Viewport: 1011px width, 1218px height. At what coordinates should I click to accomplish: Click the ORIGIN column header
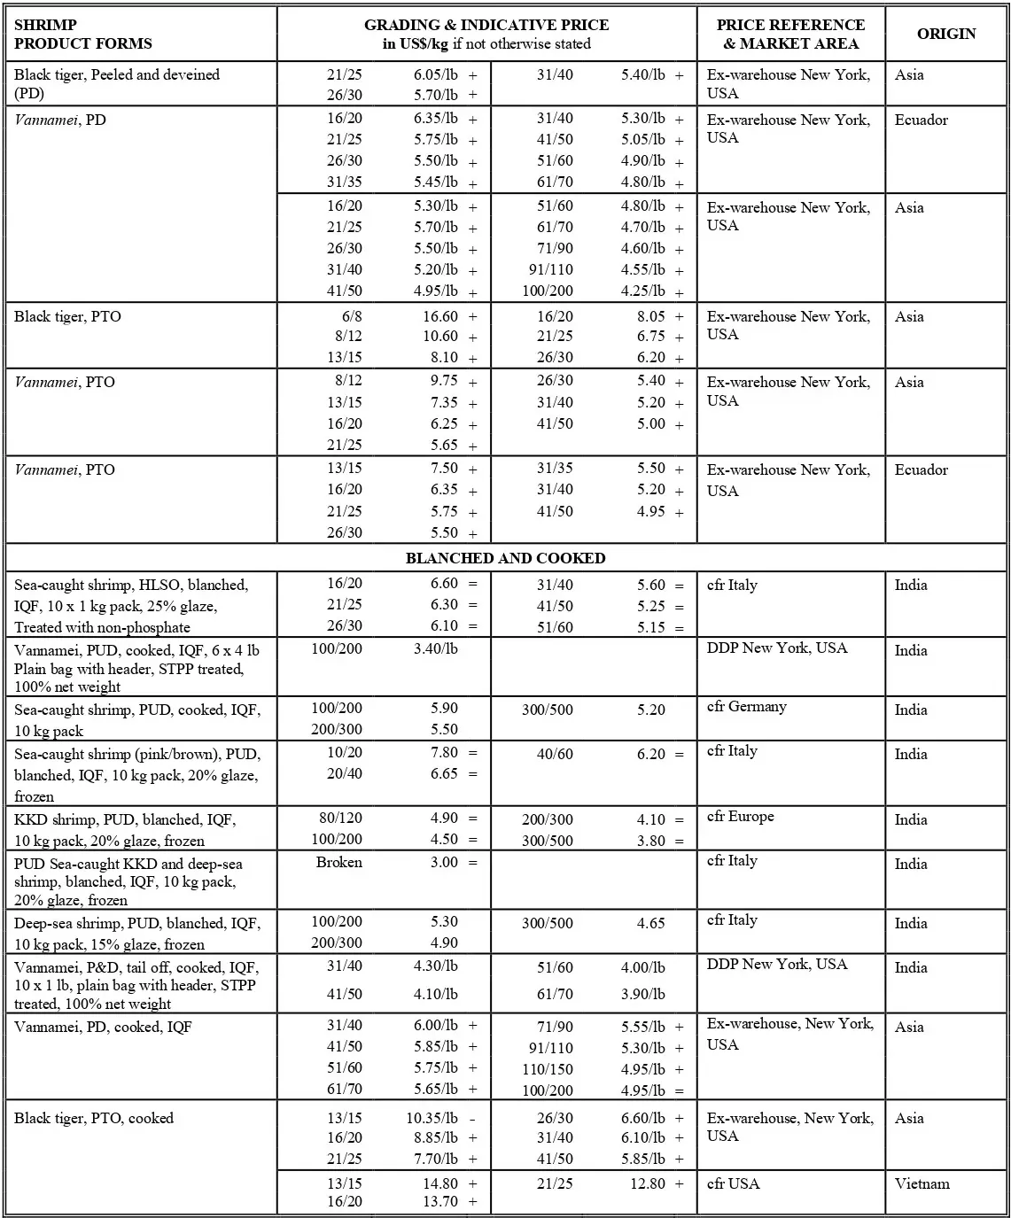(x=945, y=34)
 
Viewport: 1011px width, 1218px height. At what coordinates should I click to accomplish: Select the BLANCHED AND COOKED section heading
(x=505, y=558)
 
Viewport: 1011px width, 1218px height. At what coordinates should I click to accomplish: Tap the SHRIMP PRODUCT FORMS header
(x=82, y=34)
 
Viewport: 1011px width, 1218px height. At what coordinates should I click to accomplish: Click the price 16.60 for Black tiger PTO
(x=439, y=316)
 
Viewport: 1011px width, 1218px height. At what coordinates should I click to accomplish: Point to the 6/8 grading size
(x=351, y=316)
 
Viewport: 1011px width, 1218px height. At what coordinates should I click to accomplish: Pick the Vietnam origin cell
(x=922, y=1183)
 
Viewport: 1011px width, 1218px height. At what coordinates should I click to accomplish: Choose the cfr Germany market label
(x=746, y=707)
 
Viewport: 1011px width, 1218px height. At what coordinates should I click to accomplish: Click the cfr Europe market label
(x=740, y=817)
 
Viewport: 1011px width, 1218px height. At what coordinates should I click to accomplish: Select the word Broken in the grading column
(x=338, y=862)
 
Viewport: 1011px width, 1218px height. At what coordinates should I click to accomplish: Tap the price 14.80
(x=439, y=1183)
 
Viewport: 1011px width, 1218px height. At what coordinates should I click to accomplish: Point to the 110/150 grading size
(x=547, y=1069)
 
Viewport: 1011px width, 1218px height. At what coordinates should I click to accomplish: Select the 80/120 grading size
(x=340, y=818)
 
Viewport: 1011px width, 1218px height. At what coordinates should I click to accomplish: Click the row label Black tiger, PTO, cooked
(x=93, y=1118)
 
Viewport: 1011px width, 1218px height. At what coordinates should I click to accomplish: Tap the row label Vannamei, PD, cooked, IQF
(x=103, y=1028)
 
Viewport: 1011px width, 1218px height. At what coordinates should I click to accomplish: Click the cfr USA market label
(x=733, y=1183)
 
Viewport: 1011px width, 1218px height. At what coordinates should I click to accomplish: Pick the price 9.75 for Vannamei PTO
(x=444, y=381)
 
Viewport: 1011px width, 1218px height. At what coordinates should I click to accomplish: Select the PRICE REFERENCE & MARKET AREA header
(x=790, y=34)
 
